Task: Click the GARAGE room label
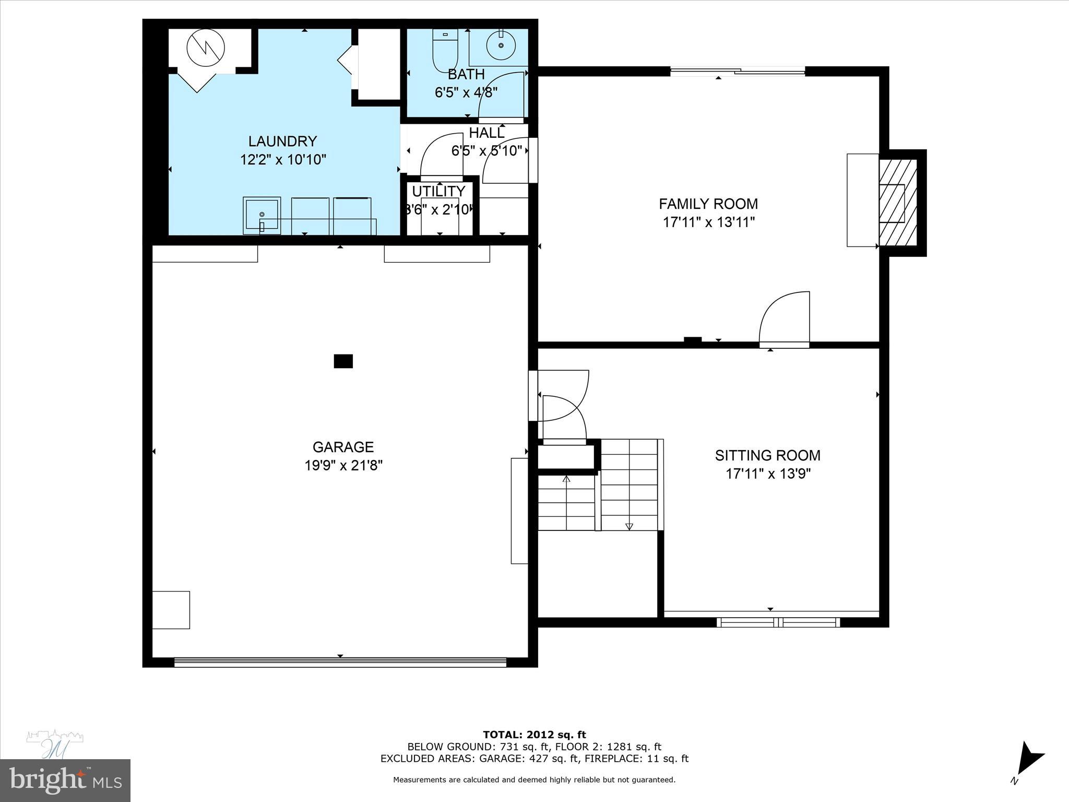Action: [x=343, y=447]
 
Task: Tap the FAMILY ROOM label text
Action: [x=708, y=204]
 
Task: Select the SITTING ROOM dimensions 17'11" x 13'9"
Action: [x=768, y=474]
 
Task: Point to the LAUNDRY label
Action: [x=282, y=141]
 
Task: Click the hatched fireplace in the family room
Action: [x=897, y=203]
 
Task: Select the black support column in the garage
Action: [x=343, y=361]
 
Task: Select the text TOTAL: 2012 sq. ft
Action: [x=534, y=735]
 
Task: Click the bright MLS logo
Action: [x=65, y=780]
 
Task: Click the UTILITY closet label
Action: [x=438, y=191]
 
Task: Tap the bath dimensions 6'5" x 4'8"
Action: [x=466, y=92]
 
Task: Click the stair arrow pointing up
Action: [x=566, y=478]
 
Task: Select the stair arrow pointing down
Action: [x=629, y=526]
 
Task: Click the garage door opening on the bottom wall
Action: [x=340, y=662]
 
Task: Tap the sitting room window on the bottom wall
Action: [x=778, y=622]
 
